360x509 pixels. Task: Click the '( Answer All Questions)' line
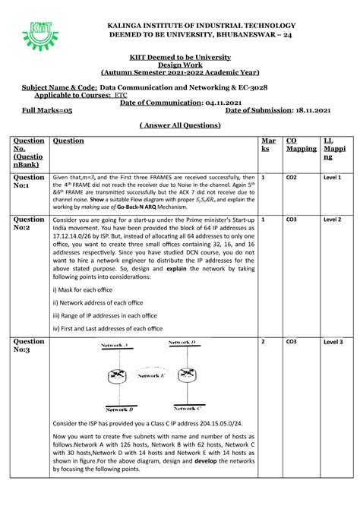(180, 125)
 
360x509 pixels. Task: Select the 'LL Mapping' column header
(333, 150)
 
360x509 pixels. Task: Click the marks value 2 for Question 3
(264, 342)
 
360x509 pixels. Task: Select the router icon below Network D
(186, 375)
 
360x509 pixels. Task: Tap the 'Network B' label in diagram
(120, 408)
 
